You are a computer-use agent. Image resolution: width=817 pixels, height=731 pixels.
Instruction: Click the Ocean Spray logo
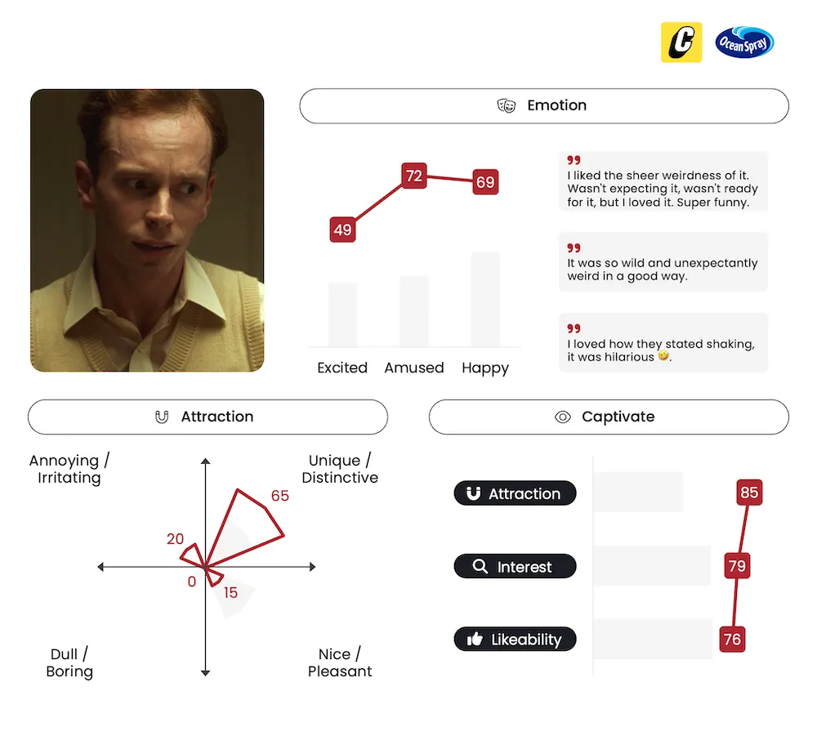[x=744, y=42]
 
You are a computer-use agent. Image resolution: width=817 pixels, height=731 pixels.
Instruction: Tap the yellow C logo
[x=681, y=42]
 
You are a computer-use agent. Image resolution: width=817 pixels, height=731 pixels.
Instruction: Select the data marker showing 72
[x=414, y=176]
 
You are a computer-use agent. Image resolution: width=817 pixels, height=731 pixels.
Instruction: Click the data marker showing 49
[x=343, y=230]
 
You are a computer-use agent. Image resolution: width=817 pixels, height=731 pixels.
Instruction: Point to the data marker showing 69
[x=485, y=182]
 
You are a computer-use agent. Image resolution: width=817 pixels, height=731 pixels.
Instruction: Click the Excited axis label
[x=342, y=368]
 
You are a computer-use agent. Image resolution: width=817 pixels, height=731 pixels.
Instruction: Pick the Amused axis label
[x=414, y=368]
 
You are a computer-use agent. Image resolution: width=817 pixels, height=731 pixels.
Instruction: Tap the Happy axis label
[x=485, y=368]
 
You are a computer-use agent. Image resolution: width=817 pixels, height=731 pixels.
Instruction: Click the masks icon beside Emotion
[x=506, y=105]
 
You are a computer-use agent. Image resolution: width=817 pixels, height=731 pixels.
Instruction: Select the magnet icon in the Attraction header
[x=162, y=417]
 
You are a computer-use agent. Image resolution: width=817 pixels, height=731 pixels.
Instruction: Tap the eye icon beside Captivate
[x=563, y=417]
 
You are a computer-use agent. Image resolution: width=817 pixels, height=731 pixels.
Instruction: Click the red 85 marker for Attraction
[x=749, y=493]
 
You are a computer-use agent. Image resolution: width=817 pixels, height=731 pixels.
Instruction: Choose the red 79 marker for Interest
[x=737, y=566]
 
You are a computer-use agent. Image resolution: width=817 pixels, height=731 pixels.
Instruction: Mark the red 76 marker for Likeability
[x=732, y=640]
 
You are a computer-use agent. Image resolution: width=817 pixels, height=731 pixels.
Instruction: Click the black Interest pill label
[x=515, y=566]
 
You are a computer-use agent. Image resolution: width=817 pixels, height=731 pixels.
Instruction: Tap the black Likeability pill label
[x=515, y=640]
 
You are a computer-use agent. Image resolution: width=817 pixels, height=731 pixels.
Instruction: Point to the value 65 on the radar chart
[x=279, y=496]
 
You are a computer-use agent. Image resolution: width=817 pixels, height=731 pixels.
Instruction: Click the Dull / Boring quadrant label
[x=69, y=662]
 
